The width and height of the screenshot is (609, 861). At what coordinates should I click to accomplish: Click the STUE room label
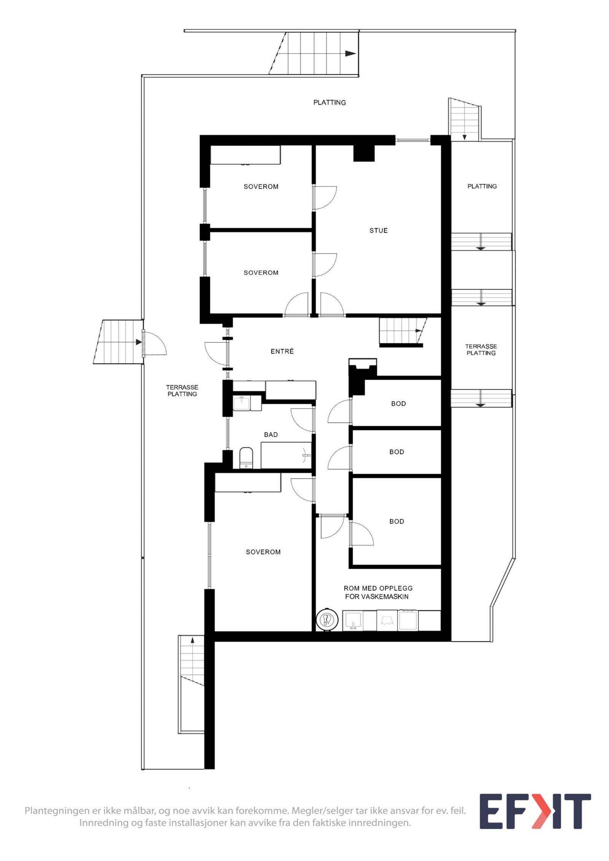click(x=378, y=231)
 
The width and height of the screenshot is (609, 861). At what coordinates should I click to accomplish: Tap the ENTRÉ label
click(x=282, y=352)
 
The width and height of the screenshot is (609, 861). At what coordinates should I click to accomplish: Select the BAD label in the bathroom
click(x=271, y=434)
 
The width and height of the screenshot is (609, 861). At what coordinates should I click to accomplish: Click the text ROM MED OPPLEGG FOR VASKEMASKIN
click(x=378, y=592)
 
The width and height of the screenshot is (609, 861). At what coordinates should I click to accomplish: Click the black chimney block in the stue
click(x=364, y=153)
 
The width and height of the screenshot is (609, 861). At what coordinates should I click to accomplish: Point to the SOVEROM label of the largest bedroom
click(x=263, y=552)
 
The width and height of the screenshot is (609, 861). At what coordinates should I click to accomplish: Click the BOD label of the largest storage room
click(x=396, y=522)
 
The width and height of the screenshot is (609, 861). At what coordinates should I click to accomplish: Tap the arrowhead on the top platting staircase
click(x=350, y=54)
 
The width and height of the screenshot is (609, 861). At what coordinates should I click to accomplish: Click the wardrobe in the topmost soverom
click(x=246, y=155)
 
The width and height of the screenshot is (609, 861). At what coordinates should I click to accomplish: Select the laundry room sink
click(x=353, y=621)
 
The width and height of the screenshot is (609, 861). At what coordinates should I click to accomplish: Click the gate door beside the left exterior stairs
click(x=154, y=344)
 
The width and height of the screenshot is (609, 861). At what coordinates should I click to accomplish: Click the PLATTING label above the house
click(x=329, y=102)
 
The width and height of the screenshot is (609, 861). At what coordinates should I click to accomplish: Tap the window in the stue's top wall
click(x=413, y=140)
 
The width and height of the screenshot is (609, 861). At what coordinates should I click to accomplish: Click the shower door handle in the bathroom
click(x=305, y=455)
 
